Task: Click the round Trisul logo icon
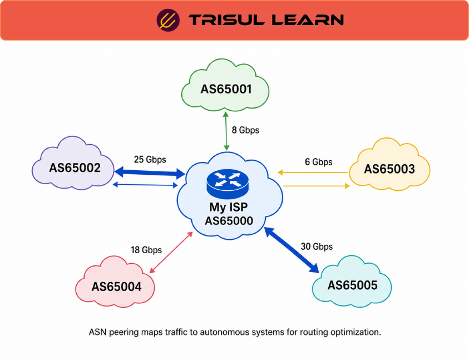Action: point(168,20)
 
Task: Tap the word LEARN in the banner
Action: point(308,20)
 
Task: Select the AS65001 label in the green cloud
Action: point(226,89)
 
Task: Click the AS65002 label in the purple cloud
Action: point(75,168)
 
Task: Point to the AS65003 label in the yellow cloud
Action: point(389,169)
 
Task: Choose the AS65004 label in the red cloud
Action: point(116,287)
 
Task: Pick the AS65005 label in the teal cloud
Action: point(352,285)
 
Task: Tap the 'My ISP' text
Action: point(228,207)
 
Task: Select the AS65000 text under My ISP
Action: point(229,221)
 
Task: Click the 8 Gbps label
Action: point(245,130)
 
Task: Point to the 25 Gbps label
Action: point(150,160)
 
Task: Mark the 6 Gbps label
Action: point(319,162)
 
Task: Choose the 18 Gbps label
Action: point(146,250)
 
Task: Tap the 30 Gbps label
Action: point(317,246)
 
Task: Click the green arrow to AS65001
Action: point(226,131)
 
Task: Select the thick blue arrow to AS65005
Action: point(292,250)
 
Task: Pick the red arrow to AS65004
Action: point(171,252)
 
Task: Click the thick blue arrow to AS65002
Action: point(150,172)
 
